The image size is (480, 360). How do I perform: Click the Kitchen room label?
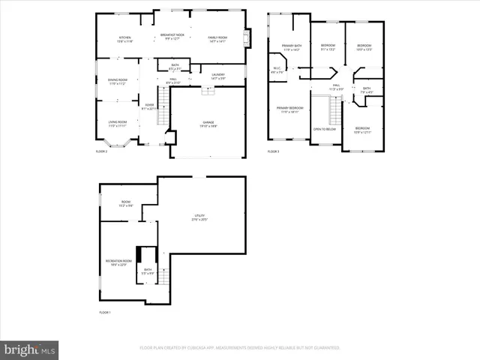tap(124, 39)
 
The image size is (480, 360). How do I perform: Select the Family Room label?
tap(218, 39)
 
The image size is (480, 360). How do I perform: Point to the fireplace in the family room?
tap(250, 37)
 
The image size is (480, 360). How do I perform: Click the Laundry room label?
tap(218, 76)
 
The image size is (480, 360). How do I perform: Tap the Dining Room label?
tap(118, 81)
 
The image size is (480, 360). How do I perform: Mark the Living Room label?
tap(118, 123)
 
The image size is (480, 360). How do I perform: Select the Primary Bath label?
tap(291, 47)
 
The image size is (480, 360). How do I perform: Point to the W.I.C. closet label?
tap(277, 70)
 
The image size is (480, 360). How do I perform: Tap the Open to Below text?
tap(325, 129)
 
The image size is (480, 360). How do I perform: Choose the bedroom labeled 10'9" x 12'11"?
tap(363, 129)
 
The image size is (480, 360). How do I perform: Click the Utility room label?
tap(199, 217)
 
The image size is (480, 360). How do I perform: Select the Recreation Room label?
tap(120, 262)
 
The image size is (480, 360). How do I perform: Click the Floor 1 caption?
tap(104, 312)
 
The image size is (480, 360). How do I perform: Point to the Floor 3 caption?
tap(273, 151)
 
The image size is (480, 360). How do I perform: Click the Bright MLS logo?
tap(30, 349)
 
